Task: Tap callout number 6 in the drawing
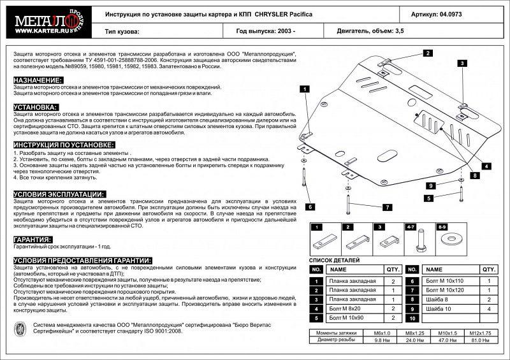coord(309,206)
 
